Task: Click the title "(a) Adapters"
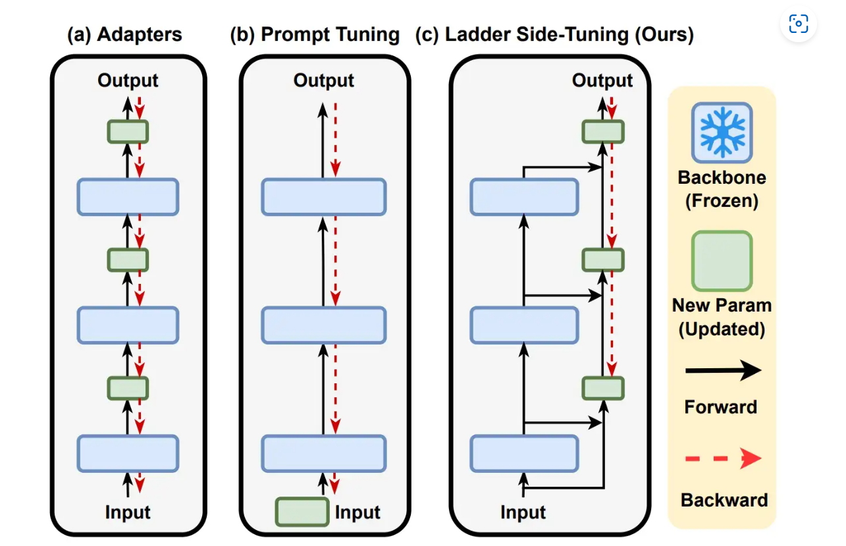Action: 124,35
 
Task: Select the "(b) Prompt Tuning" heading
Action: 315,35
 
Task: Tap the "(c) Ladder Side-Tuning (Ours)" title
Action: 554,35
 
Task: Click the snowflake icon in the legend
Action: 722,133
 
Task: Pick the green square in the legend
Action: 722,261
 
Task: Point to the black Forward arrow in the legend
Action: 723,371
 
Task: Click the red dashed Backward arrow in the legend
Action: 723,458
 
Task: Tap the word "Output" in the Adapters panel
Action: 128,81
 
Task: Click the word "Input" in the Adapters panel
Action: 128,512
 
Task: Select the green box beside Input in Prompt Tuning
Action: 302,512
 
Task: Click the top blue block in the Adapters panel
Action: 128,196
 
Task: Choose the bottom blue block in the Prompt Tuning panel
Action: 323,453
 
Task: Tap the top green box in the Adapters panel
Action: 128,132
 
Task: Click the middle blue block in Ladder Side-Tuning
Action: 525,325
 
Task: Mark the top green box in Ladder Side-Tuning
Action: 602,132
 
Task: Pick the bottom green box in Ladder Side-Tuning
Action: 602,388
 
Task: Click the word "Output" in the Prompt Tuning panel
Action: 324,81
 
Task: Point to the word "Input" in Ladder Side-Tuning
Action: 523,512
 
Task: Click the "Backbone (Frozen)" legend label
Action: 722,189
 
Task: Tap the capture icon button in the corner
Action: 798,24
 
